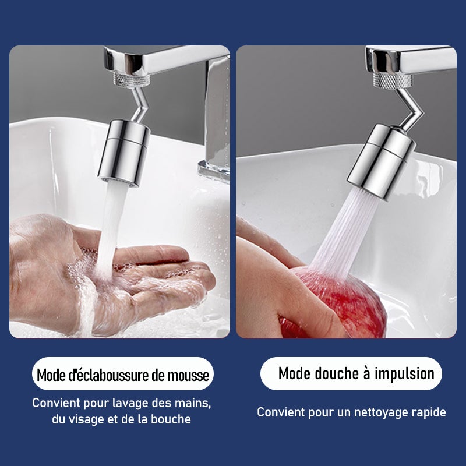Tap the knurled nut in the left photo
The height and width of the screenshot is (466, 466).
tap(132, 80)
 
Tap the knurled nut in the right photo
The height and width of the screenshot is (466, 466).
tap(392, 81)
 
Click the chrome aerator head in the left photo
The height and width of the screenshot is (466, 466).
tap(124, 153)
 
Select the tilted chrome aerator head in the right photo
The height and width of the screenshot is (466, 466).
tap(381, 163)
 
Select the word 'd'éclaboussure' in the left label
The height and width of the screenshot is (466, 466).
tap(109, 375)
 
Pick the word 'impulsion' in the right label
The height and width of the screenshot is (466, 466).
tap(404, 374)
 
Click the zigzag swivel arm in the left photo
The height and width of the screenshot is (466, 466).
tap(139, 104)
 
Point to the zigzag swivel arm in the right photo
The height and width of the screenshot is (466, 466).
tap(409, 109)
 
